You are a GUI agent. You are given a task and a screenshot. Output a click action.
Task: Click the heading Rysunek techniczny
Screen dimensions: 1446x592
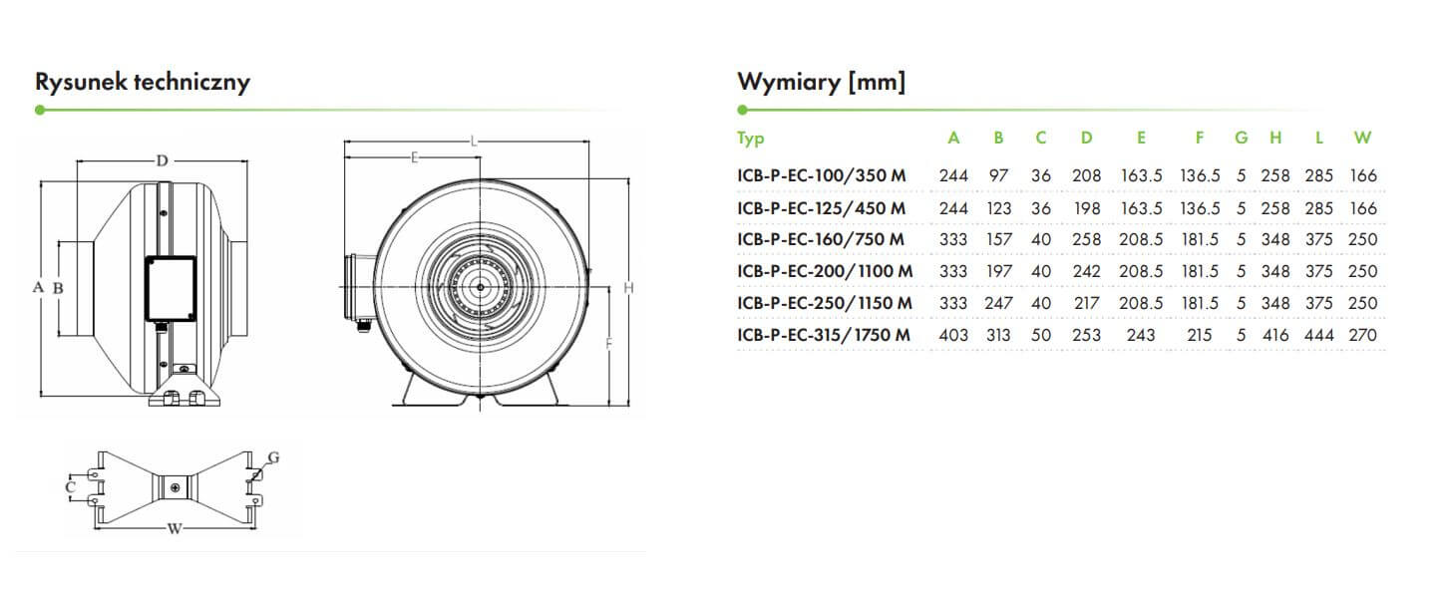click(143, 83)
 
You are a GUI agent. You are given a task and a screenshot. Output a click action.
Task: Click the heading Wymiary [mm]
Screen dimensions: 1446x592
click(821, 82)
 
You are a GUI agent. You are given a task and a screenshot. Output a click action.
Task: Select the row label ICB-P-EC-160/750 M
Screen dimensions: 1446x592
click(821, 239)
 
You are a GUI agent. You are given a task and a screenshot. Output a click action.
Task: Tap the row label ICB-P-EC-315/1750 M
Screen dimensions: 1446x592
click(824, 335)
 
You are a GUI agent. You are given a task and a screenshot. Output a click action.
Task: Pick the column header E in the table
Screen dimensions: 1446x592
click(1141, 138)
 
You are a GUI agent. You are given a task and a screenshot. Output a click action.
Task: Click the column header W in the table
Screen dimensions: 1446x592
click(1362, 138)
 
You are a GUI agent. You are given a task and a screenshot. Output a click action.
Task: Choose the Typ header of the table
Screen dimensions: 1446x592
click(751, 139)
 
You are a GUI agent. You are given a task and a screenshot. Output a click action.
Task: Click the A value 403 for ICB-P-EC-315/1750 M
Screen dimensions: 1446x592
click(953, 335)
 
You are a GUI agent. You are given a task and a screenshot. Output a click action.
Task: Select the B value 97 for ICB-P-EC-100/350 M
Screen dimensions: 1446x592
click(998, 175)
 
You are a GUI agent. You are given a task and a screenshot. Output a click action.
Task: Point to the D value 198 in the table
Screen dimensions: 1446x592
click(1086, 208)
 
